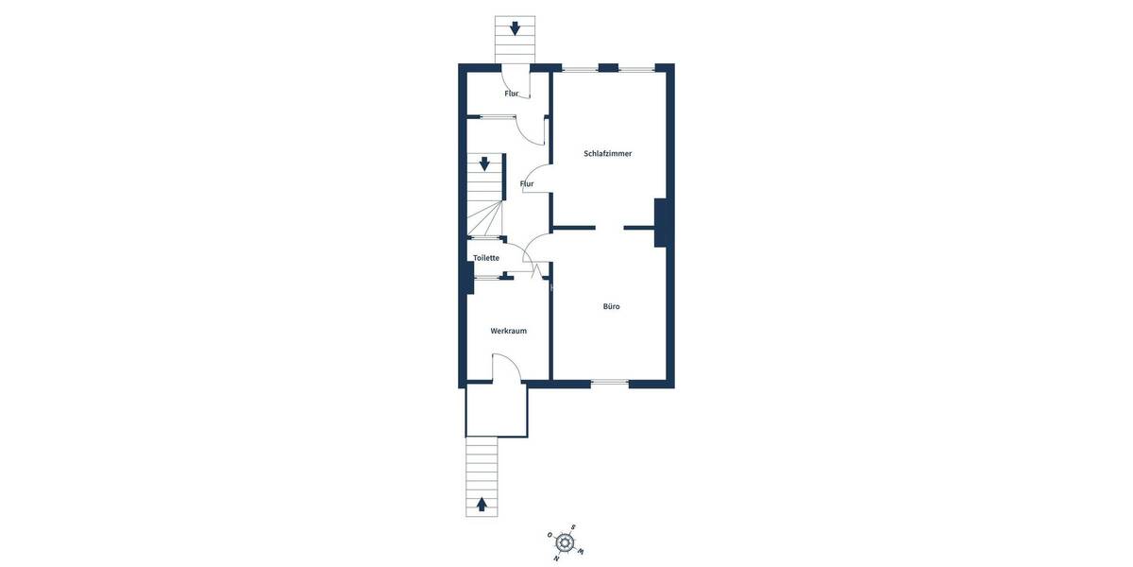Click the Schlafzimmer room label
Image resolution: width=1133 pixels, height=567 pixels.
[607, 153]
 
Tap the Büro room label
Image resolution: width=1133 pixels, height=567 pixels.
[612, 306]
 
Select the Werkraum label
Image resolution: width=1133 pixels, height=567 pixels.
[508, 331]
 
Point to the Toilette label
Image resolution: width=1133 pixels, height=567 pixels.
[486, 258]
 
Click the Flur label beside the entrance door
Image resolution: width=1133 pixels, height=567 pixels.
[512, 94]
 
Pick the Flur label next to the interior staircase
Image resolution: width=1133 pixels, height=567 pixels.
[527, 183]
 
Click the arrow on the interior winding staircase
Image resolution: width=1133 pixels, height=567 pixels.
[484, 163]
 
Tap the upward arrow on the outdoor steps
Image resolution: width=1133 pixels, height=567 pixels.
[482, 505]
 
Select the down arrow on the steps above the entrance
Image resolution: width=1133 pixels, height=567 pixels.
[515, 28]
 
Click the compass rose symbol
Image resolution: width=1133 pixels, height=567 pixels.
[565, 542]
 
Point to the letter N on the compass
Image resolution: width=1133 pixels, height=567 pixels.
[556, 558]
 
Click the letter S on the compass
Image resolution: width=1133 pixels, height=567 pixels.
[573, 527]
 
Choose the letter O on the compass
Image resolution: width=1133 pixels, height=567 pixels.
[550, 535]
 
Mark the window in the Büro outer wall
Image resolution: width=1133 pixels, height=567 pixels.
[610, 383]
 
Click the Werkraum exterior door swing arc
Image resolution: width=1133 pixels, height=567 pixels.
[508, 364]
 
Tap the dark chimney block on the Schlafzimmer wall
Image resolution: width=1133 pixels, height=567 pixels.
[661, 223]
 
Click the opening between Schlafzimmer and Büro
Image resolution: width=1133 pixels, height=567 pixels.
[609, 228]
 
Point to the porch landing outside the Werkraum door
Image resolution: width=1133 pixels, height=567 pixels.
[497, 410]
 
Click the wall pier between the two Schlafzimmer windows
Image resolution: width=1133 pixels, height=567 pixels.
[608, 68]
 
